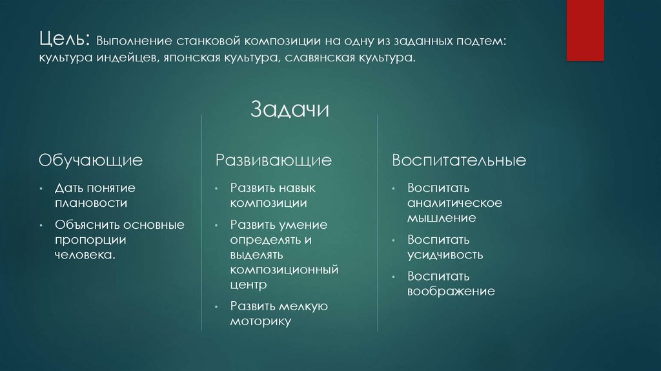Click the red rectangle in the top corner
[585, 30]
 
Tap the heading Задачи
[290, 109]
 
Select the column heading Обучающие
[90, 160]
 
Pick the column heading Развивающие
[274, 160]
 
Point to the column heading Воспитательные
[458, 160]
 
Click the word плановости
[90, 202]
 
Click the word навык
[298, 187]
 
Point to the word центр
[249, 284]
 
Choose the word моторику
[261, 321]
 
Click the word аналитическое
[454, 202]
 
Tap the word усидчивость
[445, 254]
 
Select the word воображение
[451, 291]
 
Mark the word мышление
[442, 217]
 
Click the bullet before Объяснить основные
[41, 225]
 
